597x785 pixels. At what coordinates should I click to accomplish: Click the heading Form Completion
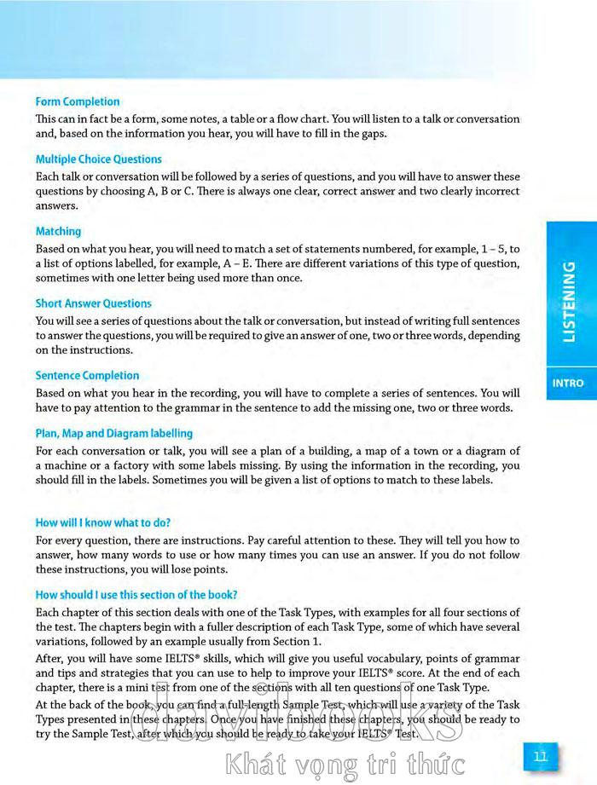[78, 101]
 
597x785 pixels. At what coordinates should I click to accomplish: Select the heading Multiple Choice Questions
[98, 159]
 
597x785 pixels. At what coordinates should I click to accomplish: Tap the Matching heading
[58, 231]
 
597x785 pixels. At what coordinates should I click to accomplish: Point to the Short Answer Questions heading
[93, 303]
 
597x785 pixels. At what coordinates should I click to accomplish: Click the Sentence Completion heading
[87, 375]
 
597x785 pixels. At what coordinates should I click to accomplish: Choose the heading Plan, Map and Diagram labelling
[113, 433]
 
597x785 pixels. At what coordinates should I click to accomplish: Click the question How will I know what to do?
[102, 522]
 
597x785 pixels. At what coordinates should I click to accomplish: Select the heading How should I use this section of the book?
[136, 594]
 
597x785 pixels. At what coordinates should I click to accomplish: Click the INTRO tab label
[568, 384]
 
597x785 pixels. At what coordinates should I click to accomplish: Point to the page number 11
[540, 755]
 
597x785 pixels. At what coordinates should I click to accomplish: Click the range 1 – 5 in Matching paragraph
[496, 249]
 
